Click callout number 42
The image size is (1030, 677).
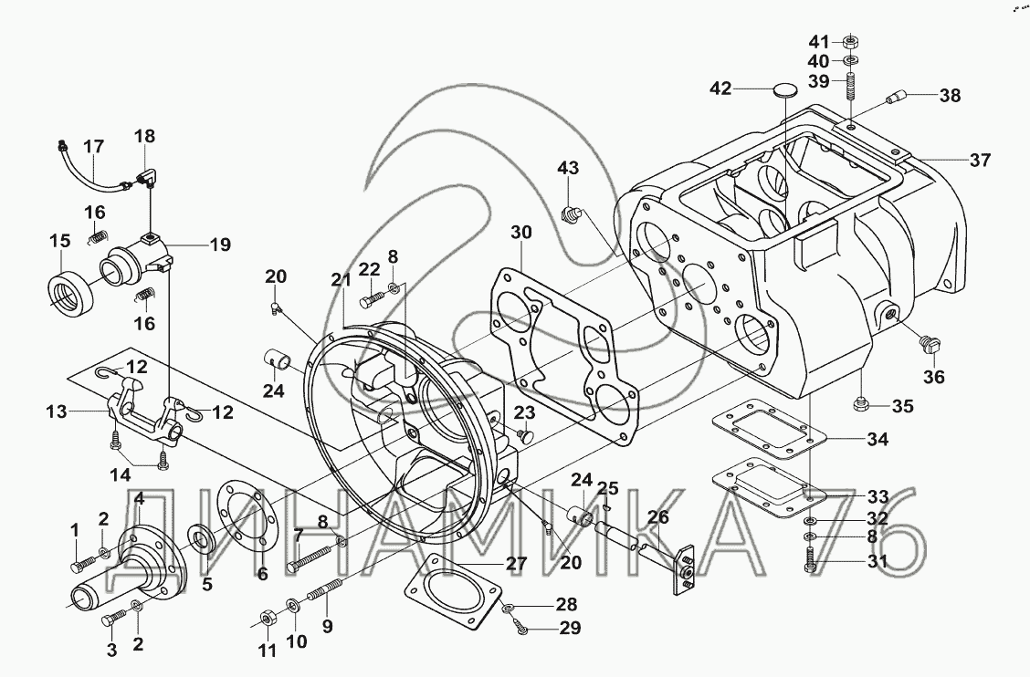click(720, 89)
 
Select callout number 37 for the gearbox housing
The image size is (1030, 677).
click(980, 161)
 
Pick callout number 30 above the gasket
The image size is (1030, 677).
click(520, 233)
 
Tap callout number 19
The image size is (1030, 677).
click(219, 245)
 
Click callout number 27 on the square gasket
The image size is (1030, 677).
click(517, 563)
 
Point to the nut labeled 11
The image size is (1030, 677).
click(267, 620)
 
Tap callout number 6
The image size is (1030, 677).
click(262, 575)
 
